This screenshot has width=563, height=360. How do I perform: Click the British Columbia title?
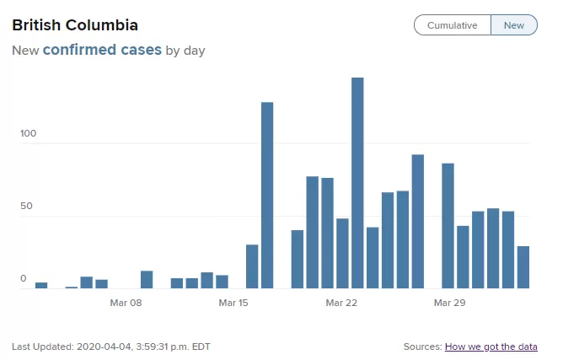[x=75, y=25]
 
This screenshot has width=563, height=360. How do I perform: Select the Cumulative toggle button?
[x=453, y=25]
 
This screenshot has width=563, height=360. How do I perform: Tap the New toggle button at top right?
[x=514, y=25]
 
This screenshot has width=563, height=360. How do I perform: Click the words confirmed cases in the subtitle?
[x=102, y=50]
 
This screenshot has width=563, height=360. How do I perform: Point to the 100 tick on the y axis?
[x=28, y=133]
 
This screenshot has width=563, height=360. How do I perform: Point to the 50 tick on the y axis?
[x=26, y=206]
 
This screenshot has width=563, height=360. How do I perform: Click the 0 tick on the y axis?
[x=24, y=278]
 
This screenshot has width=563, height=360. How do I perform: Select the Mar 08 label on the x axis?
[x=126, y=303]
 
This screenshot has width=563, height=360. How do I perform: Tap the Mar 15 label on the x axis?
[x=233, y=303]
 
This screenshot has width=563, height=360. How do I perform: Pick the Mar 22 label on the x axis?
[x=341, y=303]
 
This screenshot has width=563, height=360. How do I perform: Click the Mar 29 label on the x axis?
[x=449, y=303]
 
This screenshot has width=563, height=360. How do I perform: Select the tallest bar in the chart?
[x=357, y=183]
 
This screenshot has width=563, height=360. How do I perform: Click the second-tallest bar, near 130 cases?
[x=267, y=195]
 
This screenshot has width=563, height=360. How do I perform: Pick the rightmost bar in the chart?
[x=523, y=267]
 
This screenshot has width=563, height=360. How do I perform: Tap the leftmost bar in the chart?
[x=41, y=285]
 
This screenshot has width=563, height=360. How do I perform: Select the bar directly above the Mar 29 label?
[x=448, y=226]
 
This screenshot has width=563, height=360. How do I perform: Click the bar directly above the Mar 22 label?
[x=342, y=253]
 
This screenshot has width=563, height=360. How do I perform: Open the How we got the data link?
[x=491, y=347]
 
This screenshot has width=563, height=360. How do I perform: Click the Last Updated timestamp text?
[x=111, y=347]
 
